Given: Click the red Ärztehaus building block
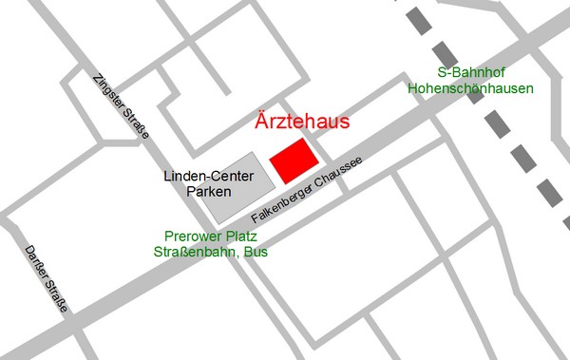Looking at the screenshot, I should pos(293,159).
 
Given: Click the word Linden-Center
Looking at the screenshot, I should pos(204,176).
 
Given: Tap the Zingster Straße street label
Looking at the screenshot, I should pos(121,107).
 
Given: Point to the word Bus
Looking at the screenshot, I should pos(256,253).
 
